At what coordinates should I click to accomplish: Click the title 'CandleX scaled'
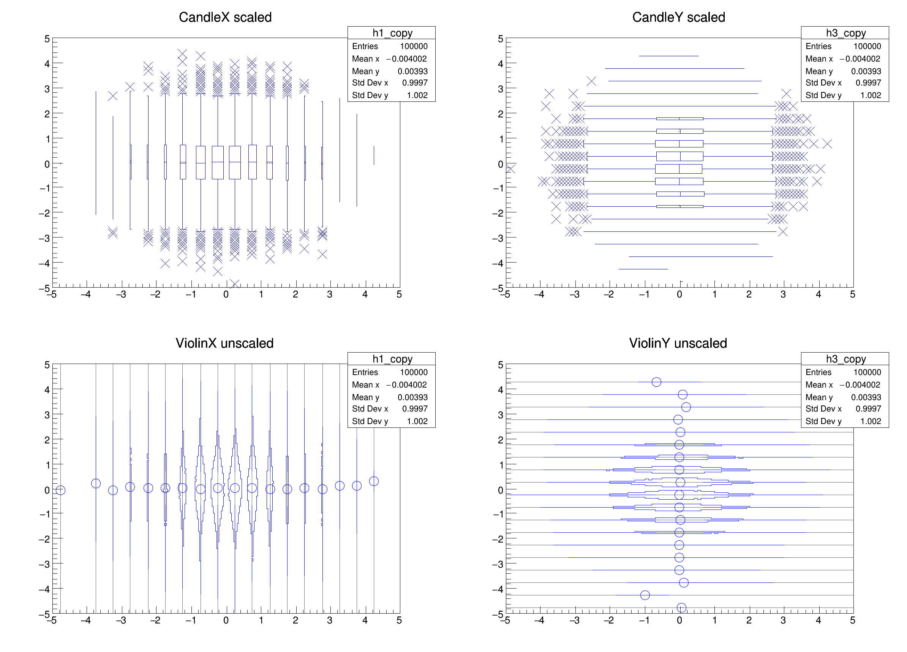point(225,17)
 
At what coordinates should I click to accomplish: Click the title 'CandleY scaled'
point(678,17)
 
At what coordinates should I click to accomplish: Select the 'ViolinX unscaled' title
point(224,343)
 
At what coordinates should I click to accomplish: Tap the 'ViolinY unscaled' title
point(678,343)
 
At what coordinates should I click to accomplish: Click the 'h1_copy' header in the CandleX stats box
point(392,33)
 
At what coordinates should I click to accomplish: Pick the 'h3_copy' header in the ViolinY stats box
point(846,359)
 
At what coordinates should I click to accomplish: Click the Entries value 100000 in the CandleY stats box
point(867,46)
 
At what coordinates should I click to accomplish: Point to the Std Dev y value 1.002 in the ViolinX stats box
point(417,421)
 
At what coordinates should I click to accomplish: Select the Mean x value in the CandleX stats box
point(406,59)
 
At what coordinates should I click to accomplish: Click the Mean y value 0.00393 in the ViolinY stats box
point(866,397)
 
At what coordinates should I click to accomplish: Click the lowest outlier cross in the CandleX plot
point(235,283)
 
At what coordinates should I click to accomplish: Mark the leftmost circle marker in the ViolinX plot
point(60,490)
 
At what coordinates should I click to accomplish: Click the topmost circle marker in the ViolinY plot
point(656,382)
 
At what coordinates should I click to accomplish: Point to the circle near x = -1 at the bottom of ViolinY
point(645,595)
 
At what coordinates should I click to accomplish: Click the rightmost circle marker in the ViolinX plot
point(374,481)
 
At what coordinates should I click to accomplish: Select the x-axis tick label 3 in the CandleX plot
point(330,295)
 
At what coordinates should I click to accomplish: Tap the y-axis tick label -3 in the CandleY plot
point(498,238)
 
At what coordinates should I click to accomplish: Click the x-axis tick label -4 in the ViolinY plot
point(539,620)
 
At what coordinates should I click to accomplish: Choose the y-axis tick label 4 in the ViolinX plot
point(47,389)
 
